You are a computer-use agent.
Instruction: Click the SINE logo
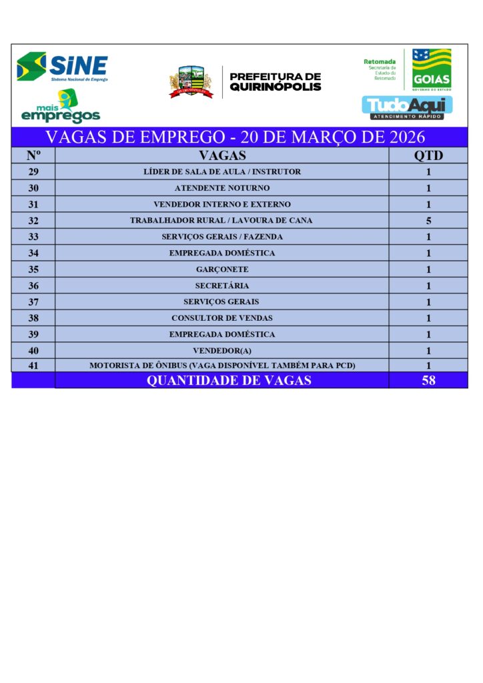pyautogui.click(x=62, y=67)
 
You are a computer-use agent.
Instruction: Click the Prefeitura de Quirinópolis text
pyautogui.click(x=275, y=82)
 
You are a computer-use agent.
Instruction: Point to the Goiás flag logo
pyautogui.click(x=431, y=68)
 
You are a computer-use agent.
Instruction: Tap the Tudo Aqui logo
pyautogui.click(x=407, y=107)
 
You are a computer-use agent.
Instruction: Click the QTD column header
pyautogui.click(x=428, y=155)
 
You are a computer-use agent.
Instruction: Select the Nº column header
pyautogui.click(x=33, y=155)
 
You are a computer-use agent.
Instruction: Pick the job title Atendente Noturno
pyautogui.click(x=222, y=188)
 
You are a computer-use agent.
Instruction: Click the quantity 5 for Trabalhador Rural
pyautogui.click(x=428, y=221)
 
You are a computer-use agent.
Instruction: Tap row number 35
pyautogui.click(x=33, y=269)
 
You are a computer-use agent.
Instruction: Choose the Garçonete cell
pyautogui.click(x=222, y=269)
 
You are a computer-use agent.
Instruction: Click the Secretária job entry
pyautogui.click(x=222, y=285)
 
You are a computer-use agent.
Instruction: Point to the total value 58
pyautogui.click(x=428, y=381)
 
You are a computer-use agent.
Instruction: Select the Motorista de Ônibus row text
pyautogui.click(x=222, y=366)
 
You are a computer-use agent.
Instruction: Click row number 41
pyautogui.click(x=33, y=366)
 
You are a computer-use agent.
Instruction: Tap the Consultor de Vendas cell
pyautogui.click(x=222, y=318)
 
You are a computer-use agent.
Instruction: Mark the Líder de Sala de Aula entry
pyautogui.click(x=222, y=172)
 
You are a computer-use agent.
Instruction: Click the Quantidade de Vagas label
pyautogui.click(x=229, y=381)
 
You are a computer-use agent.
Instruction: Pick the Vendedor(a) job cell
pyautogui.click(x=222, y=351)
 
